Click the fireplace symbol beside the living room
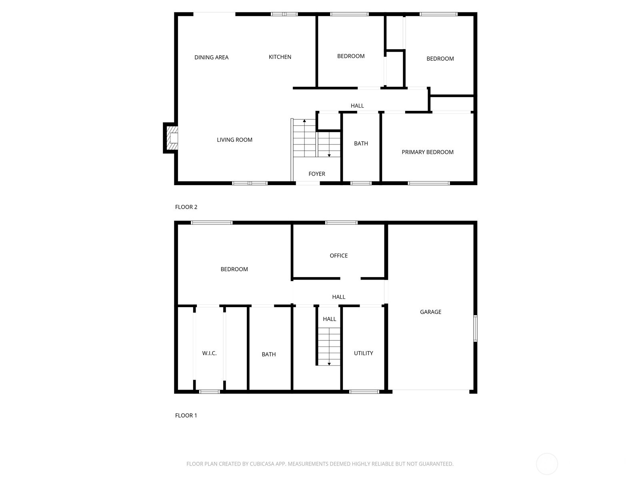tap(171, 138)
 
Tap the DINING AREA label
tap(211, 57)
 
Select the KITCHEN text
tap(280, 57)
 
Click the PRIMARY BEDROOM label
tap(427, 152)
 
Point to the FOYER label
tap(316, 174)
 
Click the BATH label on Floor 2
tap(361, 143)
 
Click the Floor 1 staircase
tap(329, 346)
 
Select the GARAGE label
tap(430, 312)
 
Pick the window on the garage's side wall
tap(475, 328)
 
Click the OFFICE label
tap(338, 255)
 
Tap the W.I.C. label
tap(209, 353)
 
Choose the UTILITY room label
tap(363, 353)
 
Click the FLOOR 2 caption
tap(186, 207)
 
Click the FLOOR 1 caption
tap(186, 415)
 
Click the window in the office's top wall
tap(341, 222)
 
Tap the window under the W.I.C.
tap(209, 392)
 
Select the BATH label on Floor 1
tap(268, 354)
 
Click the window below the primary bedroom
tap(429, 183)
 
